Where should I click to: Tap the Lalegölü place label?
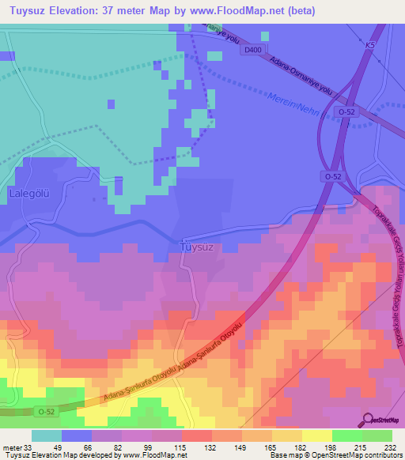point(29,192)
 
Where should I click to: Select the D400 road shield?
point(252,50)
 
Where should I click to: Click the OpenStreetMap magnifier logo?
point(369,420)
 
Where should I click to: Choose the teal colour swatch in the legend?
point(46,435)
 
